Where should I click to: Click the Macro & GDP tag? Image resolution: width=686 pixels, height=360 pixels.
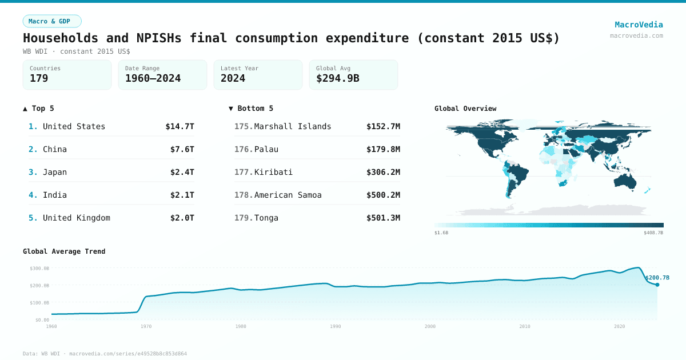52,21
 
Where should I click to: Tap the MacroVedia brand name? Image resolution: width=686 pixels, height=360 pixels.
639,25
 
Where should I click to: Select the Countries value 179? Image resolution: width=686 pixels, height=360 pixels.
39,78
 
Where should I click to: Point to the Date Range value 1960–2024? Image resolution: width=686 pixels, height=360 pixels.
153,78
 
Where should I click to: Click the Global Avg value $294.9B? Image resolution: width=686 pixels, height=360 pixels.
337,78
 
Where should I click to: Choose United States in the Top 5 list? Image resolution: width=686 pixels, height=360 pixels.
74,126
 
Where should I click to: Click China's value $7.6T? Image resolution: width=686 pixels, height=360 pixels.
182,149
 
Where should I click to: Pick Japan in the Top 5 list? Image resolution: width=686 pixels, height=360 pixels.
55,172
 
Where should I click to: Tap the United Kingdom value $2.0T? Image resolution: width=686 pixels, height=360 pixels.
182,218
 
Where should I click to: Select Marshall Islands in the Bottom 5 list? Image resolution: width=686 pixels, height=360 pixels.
292,126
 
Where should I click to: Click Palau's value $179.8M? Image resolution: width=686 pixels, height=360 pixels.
383,149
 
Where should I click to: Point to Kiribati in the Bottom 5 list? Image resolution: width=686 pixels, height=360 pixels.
273,172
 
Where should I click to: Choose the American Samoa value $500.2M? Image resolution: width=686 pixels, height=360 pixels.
383,195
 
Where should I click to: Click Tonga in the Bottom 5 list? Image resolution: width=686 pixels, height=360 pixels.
266,218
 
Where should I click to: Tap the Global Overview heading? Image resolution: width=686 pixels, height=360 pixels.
465,108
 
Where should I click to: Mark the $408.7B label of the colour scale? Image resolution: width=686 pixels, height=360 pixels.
653,233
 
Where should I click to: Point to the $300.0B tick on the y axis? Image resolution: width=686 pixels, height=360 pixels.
39,268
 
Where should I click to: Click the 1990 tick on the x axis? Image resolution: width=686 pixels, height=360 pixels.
335,326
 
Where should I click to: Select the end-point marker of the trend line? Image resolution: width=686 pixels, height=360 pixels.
657,285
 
